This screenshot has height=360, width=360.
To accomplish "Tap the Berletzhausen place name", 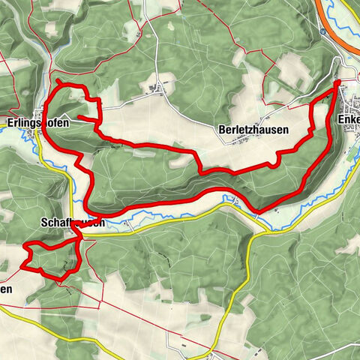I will (x=255, y=129).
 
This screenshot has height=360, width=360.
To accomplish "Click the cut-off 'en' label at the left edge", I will (x=5, y=289).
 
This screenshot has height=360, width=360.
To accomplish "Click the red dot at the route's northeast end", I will (x=337, y=82).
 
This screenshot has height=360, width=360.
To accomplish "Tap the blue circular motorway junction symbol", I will (x=322, y=32).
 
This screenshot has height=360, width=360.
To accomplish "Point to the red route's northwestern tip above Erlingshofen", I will (x=58, y=80).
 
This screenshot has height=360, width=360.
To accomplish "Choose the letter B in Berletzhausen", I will (x=223, y=130).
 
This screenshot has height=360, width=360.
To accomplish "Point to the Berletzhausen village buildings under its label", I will (x=247, y=142).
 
